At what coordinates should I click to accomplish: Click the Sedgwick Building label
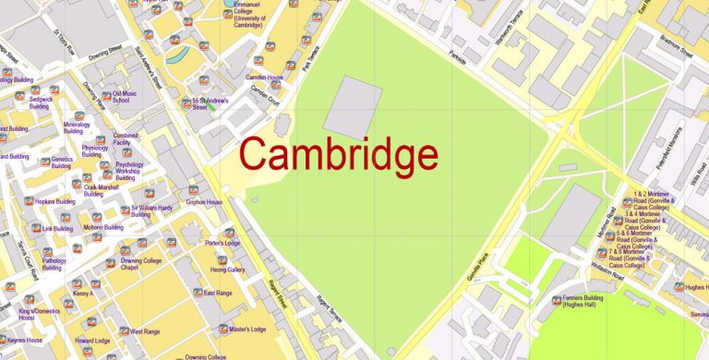39,102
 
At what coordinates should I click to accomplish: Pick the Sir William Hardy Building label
152,211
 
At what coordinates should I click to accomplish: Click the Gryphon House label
204,201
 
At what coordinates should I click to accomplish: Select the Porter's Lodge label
222,244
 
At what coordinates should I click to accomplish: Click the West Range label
145,330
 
